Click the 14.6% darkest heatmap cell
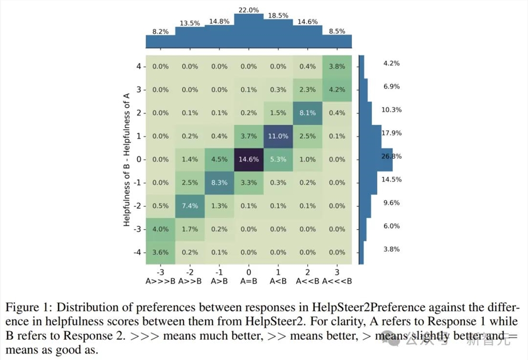point(248,159)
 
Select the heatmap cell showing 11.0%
point(278,136)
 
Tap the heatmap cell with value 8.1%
point(307,112)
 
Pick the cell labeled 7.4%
point(190,205)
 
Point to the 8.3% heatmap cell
point(219,182)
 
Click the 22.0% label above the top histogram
point(249,10)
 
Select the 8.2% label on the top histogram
point(161,32)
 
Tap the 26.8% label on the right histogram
point(391,157)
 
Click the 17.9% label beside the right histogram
point(391,133)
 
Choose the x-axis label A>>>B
point(160,281)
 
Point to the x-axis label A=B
point(248,281)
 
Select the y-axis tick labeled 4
point(138,67)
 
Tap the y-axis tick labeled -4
point(137,252)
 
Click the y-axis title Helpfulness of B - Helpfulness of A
point(127,159)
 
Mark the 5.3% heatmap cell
point(278,159)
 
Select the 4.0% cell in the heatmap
point(160,229)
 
